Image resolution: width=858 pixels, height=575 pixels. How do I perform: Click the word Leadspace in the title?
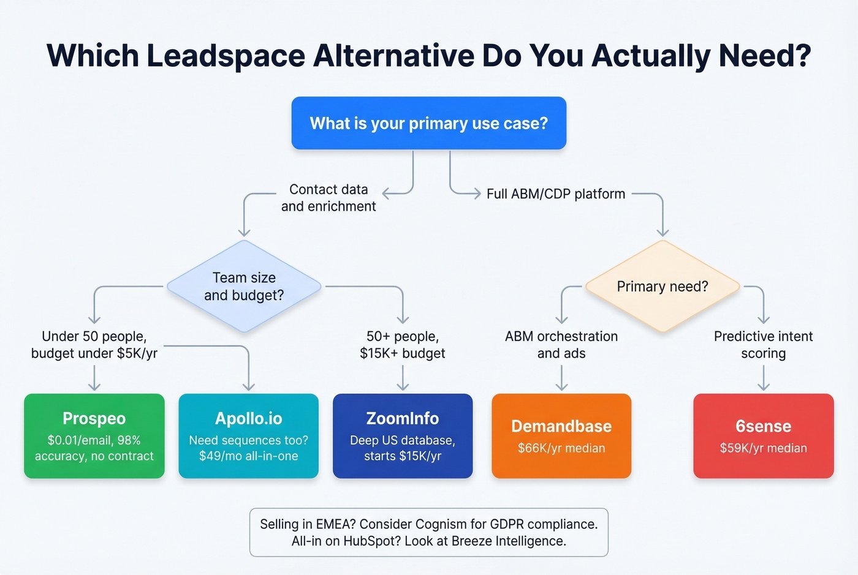coord(226,56)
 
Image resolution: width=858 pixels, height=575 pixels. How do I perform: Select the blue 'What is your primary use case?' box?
coord(428,123)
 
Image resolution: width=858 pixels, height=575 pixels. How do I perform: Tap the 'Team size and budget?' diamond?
coord(244,287)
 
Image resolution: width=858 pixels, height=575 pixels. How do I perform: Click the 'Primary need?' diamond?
coord(662,287)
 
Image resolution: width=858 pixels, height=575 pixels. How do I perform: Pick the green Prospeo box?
coord(94,435)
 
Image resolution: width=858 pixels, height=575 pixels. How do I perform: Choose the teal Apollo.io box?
coord(248,435)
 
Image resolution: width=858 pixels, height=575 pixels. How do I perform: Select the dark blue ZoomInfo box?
coord(403,435)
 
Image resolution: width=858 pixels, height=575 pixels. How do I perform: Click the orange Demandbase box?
coord(561,435)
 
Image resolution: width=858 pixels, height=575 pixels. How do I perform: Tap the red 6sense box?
coord(763,435)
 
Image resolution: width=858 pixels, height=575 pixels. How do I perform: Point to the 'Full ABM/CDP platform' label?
coord(556,194)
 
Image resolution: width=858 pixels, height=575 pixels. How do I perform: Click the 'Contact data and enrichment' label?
coord(328,198)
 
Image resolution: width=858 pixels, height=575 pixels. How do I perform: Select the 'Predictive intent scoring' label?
coord(763,345)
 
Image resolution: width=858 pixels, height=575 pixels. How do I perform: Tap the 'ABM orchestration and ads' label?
coord(561,345)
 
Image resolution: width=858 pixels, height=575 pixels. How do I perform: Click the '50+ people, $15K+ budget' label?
coord(403,345)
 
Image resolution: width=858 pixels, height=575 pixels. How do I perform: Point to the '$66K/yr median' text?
coord(561,448)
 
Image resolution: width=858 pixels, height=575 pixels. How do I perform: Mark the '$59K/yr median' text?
coord(763,448)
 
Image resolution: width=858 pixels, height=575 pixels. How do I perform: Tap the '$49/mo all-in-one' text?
coord(248,456)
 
